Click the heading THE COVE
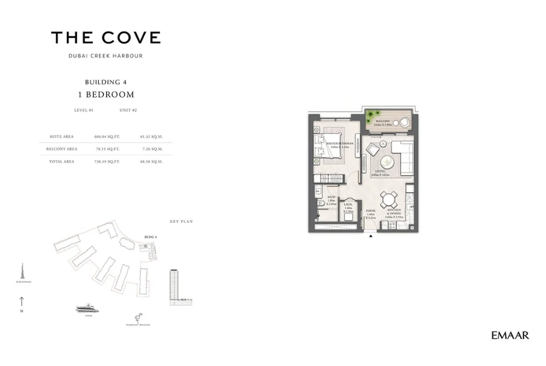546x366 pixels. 106,38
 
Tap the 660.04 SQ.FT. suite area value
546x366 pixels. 106,137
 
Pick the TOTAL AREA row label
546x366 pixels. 64,161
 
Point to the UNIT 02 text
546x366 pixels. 128,110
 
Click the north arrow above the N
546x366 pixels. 21,300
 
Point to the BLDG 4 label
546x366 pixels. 150,237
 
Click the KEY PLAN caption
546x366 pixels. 181,221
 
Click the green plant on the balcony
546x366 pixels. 373,116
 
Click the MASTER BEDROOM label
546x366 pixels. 340,143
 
